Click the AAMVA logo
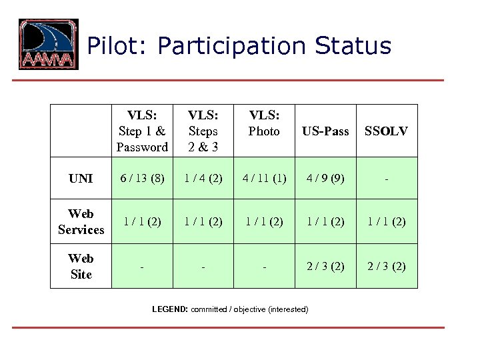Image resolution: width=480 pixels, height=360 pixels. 48,45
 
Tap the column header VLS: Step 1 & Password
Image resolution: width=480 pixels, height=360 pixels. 142,131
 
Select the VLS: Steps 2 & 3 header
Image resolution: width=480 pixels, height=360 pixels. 203,131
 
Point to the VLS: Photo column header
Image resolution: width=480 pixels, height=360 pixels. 264,123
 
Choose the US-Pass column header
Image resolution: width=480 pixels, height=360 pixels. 325,131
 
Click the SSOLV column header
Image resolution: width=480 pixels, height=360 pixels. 386,131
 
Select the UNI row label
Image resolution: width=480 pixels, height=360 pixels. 81,179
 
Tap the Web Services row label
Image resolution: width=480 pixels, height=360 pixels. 81,221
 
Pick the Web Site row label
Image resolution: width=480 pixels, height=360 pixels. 81,266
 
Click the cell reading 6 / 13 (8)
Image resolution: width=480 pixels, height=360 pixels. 142,179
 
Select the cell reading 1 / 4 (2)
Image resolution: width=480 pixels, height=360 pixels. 203,179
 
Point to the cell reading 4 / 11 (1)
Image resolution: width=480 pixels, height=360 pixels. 264,179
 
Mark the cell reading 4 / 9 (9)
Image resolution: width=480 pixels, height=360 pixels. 325,179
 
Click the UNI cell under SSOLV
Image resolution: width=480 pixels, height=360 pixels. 387,179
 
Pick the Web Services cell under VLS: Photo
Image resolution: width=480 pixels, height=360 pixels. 264,221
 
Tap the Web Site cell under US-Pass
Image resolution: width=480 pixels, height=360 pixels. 325,266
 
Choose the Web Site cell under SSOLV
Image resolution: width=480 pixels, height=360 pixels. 387,266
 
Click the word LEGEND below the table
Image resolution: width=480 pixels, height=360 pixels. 170,309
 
